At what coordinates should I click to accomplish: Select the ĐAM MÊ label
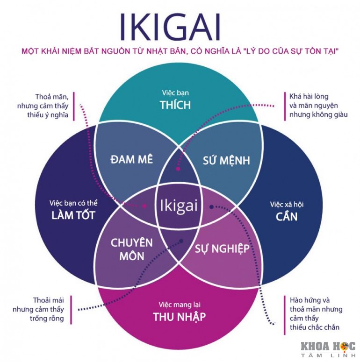click(131, 159)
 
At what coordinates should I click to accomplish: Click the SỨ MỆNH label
click(226, 160)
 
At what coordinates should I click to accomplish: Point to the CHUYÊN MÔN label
click(131, 249)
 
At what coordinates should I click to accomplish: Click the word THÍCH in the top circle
click(175, 105)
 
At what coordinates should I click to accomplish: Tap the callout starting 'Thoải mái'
click(49, 309)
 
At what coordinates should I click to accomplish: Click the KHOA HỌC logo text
click(327, 347)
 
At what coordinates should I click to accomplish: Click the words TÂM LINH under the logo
click(327, 356)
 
